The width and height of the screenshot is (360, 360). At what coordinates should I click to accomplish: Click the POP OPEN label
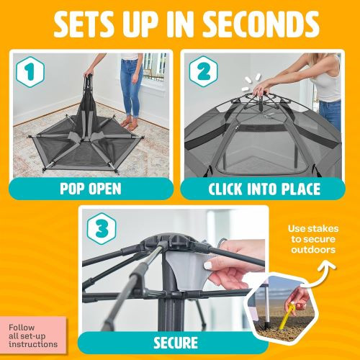coord(91,189)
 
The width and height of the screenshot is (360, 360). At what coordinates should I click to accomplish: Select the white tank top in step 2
coord(330,83)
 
